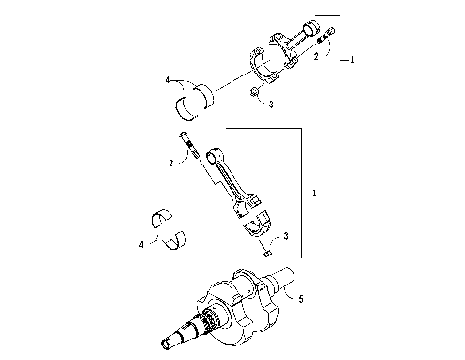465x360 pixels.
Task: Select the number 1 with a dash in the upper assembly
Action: (350, 59)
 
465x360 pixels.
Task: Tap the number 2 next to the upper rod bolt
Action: (315, 58)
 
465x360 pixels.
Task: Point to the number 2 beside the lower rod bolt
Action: (171, 164)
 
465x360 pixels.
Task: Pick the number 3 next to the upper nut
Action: (272, 104)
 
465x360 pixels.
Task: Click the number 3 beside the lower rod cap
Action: (285, 236)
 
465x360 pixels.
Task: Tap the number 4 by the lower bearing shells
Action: (141, 245)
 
